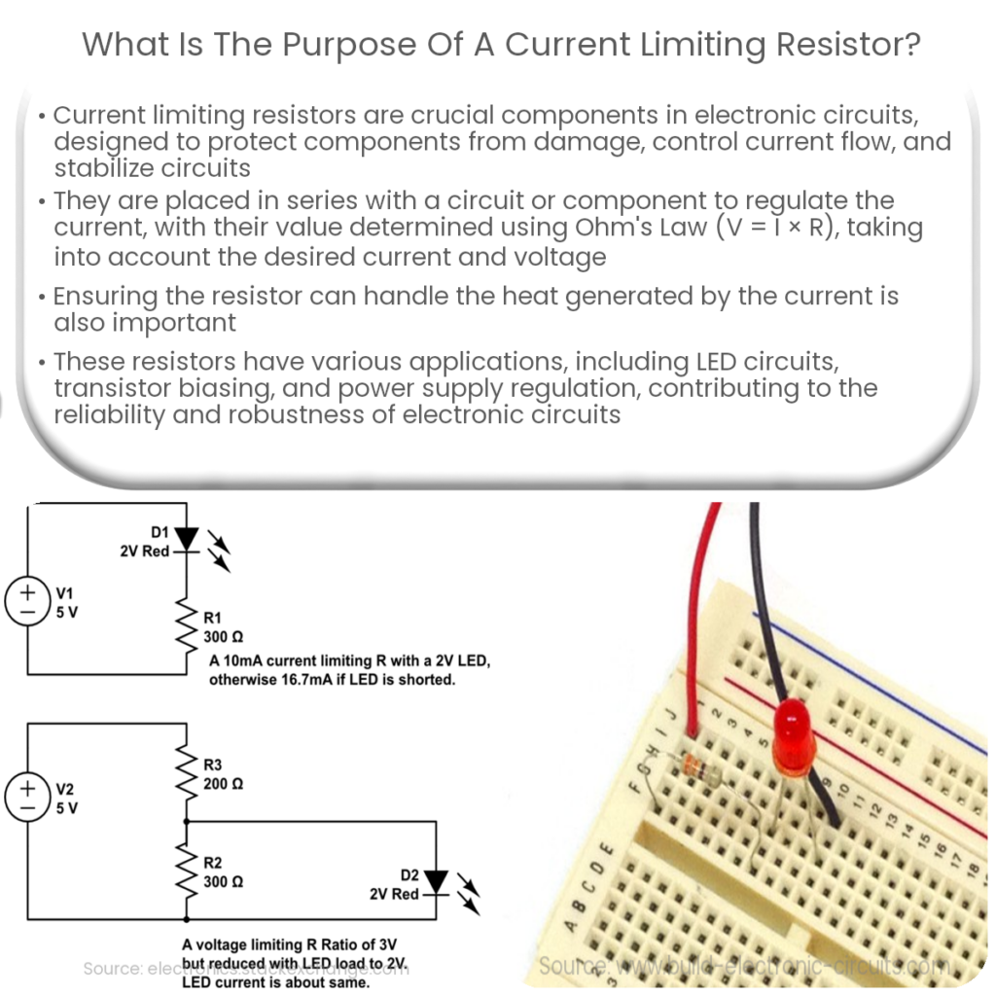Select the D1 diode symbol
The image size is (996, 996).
pos(187,538)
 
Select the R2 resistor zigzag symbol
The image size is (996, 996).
pos(186,870)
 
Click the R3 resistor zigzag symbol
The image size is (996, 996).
pos(186,774)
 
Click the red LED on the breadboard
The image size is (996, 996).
pos(796,734)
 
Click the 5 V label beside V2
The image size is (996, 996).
pos(67,807)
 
